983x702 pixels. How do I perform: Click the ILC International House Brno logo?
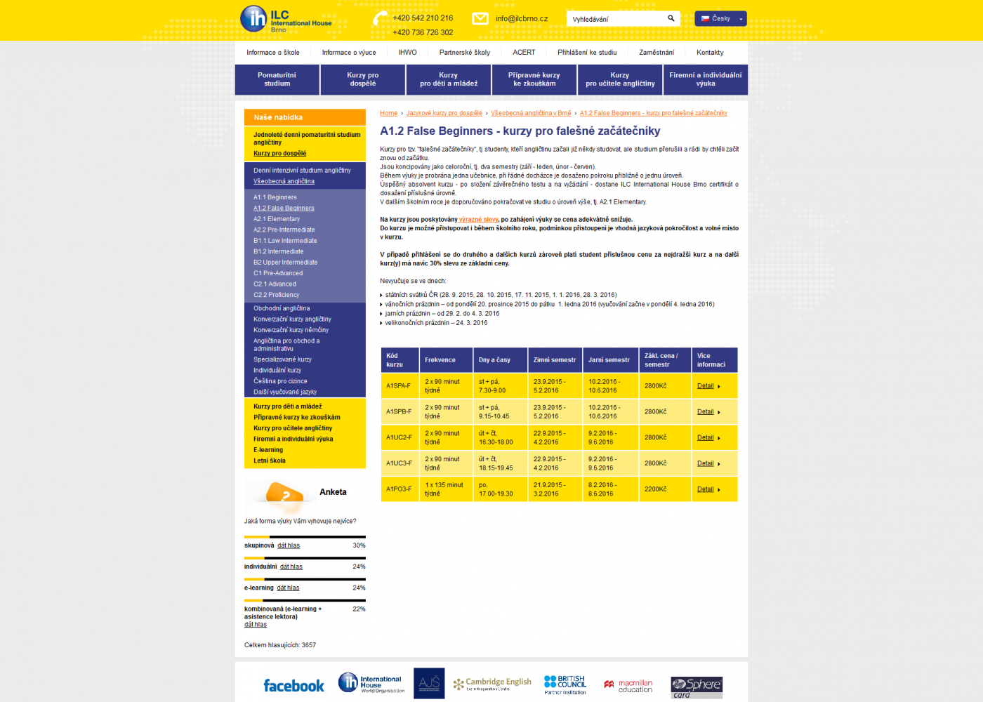[285, 19]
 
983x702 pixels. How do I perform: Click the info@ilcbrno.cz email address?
[521, 19]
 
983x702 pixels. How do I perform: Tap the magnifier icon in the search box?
[671, 18]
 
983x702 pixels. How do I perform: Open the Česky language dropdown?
[720, 19]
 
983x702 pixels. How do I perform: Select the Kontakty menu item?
[710, 53]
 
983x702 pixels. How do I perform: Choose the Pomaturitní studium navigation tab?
[277, 79]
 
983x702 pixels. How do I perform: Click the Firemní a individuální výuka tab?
[705, 79]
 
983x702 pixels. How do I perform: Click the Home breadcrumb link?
[388, 113]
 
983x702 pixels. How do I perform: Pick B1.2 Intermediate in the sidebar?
[278, 251]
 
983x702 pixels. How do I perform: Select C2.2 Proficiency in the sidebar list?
[276, 295]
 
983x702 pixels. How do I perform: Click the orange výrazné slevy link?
[478, 220]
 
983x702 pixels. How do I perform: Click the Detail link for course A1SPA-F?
[705, 386]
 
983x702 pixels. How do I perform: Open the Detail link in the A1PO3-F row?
[705, 489]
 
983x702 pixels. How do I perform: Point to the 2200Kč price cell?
[655, 489]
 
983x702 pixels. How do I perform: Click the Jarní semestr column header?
[609, 360]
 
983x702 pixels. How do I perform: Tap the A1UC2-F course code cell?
[399, 437]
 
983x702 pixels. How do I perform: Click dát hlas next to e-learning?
[288, 588]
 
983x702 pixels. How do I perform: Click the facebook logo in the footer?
[293, 686]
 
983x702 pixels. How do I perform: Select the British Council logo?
[565, 684]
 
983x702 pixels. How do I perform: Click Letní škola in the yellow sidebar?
[270, 461]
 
